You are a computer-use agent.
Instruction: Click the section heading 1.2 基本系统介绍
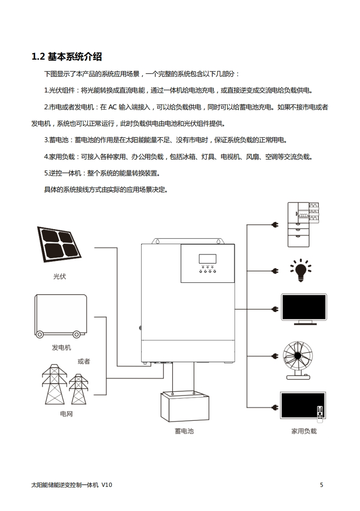tap(66, 57)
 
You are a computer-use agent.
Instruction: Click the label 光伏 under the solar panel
tap(60, 276)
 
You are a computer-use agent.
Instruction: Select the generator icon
tap(61, 316)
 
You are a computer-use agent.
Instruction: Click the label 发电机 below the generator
tap(61, 347)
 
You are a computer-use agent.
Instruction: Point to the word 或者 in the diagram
tap(84, 361)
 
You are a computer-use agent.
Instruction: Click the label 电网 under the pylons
tap(66, 414)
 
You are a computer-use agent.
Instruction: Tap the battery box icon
tap(183, 407)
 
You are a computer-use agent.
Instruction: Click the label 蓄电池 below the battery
tap(184, 430)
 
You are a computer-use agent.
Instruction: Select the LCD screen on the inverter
tap(208, 259)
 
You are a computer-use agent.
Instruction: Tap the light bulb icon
tap(301, 271)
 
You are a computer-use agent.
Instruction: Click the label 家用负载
tap(304, 430)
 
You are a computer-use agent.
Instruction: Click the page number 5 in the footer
tap(321, 485)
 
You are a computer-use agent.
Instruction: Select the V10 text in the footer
tap(106, 485)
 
